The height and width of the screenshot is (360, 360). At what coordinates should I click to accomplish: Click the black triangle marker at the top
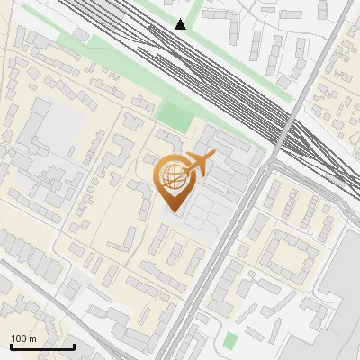[181, 24]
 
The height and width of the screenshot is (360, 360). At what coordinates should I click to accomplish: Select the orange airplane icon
[199, 164]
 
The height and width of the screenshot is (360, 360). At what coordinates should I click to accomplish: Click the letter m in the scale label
[33, 338]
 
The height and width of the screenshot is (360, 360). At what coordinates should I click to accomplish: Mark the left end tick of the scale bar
[10, 346]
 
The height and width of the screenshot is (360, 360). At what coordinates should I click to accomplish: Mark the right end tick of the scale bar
[73, 346]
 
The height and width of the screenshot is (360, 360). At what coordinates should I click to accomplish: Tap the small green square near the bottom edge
[231, 341]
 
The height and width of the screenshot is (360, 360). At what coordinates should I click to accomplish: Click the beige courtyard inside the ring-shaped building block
[290, 256]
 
